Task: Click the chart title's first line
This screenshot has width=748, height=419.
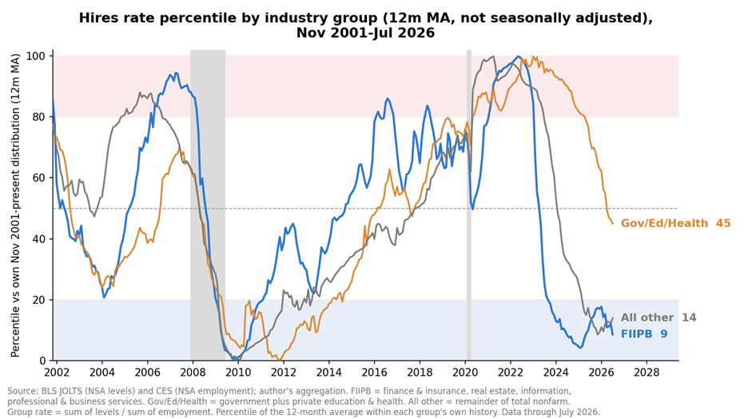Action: click(x=365, y=18)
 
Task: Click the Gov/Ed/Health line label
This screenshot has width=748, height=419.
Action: click(x=664, y=223)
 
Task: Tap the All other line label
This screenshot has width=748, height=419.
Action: click(x=647, y=317)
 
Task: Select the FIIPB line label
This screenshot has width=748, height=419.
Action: click(x=636, y=334)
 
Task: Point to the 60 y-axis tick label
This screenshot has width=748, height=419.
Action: click(x=41, y=178)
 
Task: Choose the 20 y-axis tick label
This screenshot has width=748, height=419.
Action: click(x=41, y=300)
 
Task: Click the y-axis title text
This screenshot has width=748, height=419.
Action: click(x=15, y=206)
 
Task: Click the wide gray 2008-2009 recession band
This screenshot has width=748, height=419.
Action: click(x=208, y=206)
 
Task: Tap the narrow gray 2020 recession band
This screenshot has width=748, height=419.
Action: click(x=469, y=206)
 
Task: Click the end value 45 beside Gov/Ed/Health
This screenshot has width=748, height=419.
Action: click(x=722, y=223)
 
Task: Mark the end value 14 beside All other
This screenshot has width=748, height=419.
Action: click(x=688, y=317)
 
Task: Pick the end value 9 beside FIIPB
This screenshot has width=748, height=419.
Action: click(x=663, y=334)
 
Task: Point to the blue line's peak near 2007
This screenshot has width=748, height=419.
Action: click(x=176, y=73)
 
